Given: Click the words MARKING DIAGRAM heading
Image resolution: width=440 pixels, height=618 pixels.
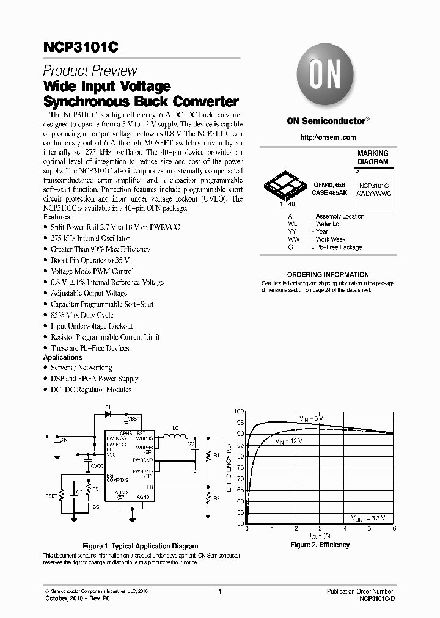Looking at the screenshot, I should (x=372, y=158).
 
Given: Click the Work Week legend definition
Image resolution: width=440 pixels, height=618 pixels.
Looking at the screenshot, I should (x=330, y=239).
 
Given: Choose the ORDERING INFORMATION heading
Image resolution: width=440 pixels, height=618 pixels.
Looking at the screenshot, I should (x=328, y=275).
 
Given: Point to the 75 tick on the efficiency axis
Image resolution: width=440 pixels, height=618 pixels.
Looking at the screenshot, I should (x=240, y=468).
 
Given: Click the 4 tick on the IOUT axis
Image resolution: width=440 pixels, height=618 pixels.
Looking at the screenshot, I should (x=345, y=529).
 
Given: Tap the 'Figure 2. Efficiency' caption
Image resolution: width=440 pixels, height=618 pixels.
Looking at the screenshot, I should (x=320, y=545).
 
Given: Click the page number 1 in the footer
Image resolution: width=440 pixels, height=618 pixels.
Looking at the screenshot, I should (x=219, y=591).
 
